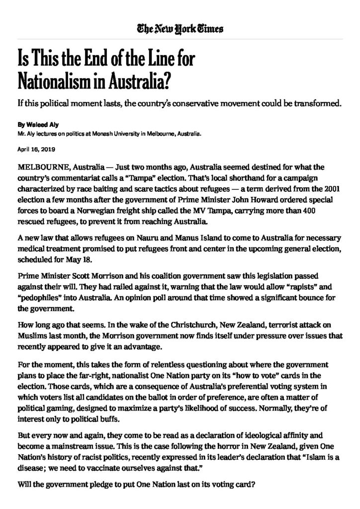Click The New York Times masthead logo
point(180,29)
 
